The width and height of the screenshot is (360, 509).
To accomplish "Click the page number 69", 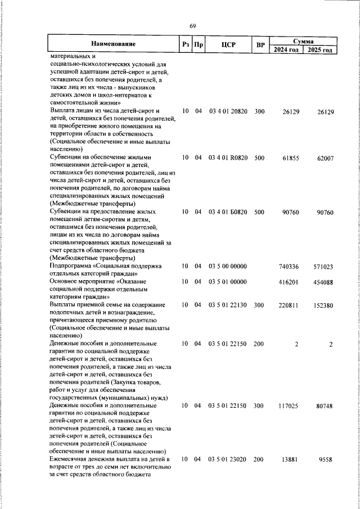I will pos(192,26).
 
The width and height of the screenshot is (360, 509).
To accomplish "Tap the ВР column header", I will pos(260,44).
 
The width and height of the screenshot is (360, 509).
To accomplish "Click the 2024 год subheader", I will pos(286,49).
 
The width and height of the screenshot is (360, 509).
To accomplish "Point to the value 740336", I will pos(289,266).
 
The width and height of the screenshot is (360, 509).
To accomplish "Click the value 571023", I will pos(322,267).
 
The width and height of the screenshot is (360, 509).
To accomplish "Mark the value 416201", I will pos(289,281).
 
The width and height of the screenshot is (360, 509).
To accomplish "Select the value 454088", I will pos(322,282).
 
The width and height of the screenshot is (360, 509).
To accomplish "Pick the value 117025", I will pos(289,405).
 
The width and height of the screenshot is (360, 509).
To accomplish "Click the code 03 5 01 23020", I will pos(228,460).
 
